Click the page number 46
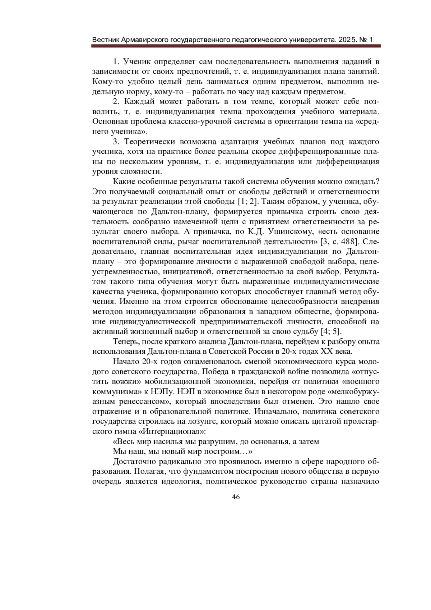coord(236,497)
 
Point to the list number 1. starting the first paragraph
coord(116,61)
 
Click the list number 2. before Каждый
coord(116,101)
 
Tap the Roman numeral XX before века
coord(327,351)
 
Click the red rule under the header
coord(236,46)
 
